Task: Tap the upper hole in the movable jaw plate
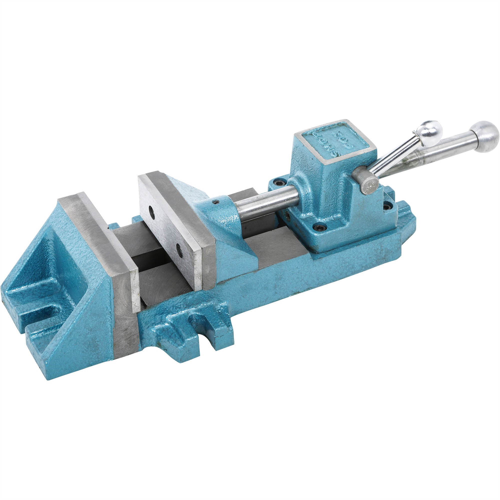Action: click(152, 214)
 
